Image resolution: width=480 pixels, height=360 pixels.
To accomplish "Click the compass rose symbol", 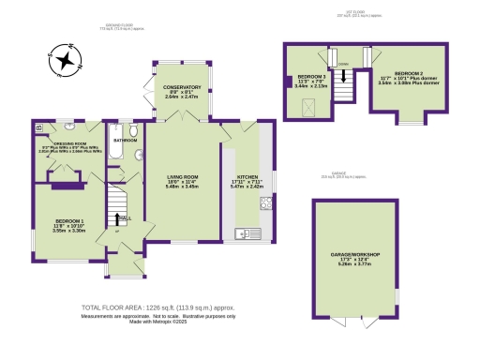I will click(65, 59).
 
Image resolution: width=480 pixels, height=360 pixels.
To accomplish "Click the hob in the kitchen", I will click(266, 202).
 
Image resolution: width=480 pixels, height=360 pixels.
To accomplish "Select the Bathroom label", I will click(124, 140).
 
